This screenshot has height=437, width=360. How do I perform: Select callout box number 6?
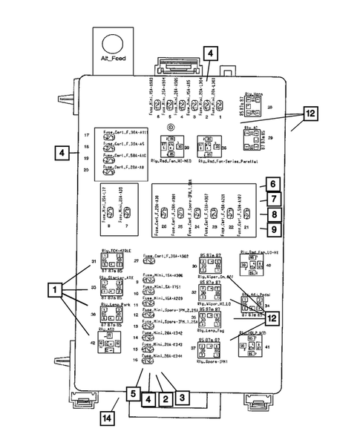tap(272, 184)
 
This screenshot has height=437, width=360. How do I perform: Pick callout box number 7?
tap(272, 200)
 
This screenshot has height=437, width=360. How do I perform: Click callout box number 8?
tap(272, 215)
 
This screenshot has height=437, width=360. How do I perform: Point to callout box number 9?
tap(272, 231)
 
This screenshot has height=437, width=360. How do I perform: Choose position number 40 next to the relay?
tap(269, 265)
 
